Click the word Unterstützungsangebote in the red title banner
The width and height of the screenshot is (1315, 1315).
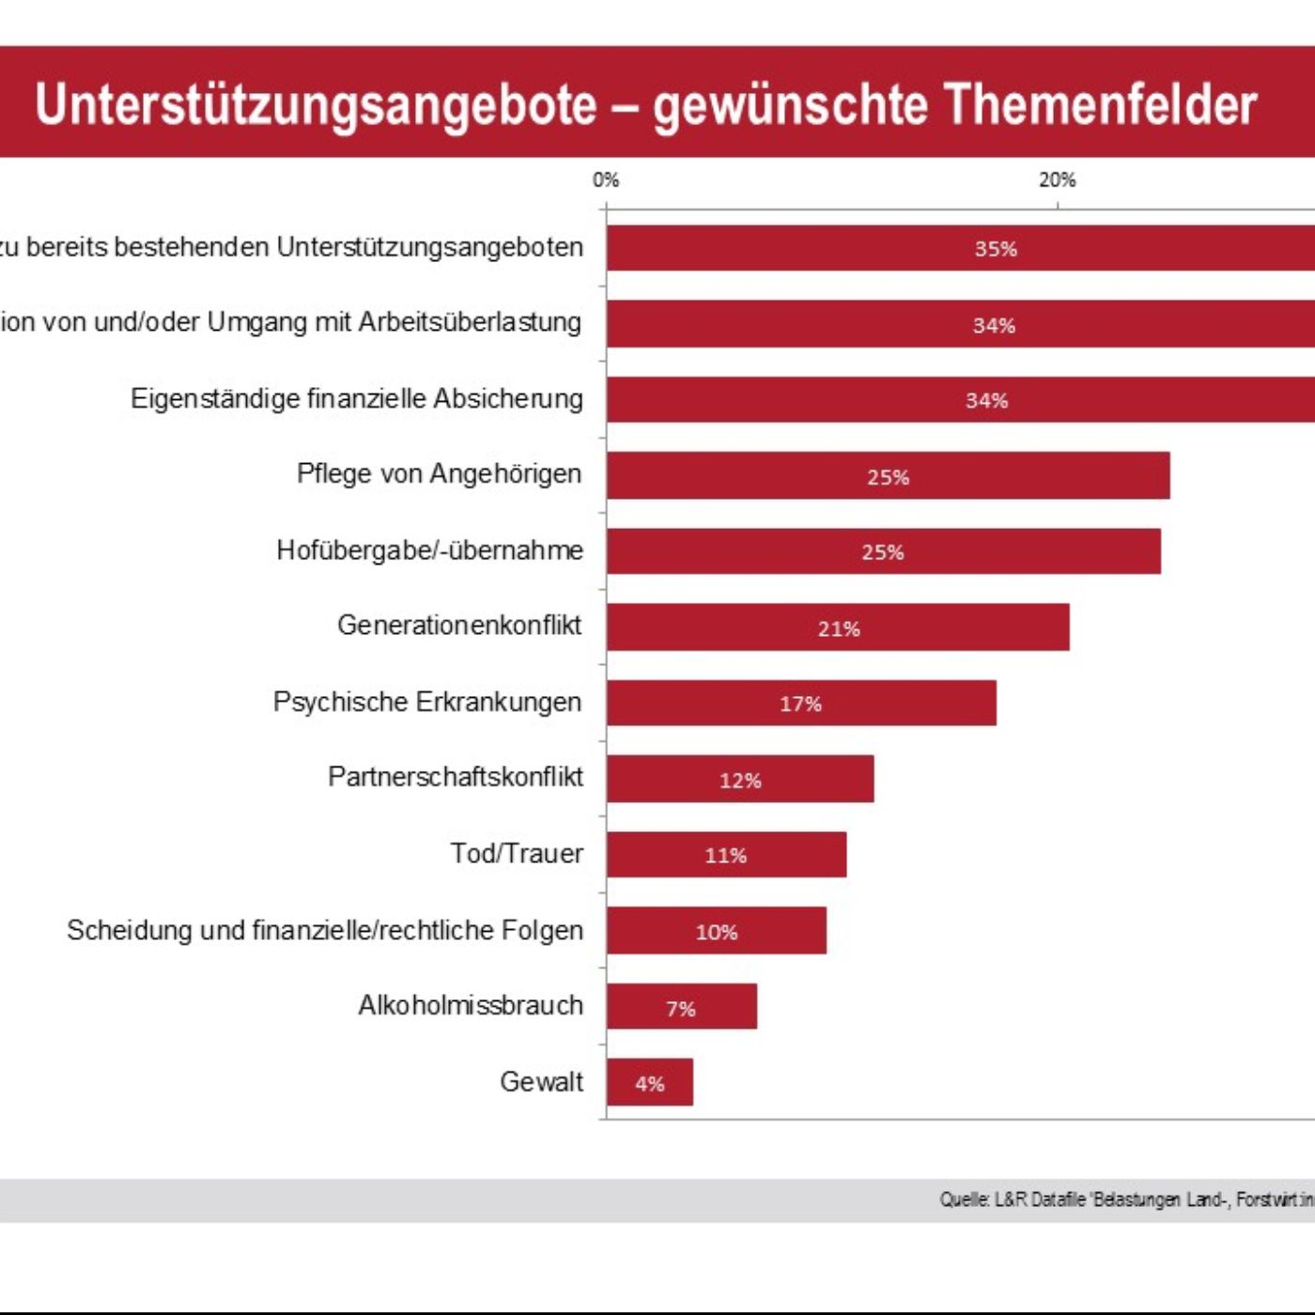[316, 103]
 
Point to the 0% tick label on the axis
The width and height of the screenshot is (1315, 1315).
[606, 179]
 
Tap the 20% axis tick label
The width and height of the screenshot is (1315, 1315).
[1057, 179]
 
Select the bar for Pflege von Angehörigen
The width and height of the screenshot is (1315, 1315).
[888, 475]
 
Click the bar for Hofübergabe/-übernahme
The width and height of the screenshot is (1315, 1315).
[883, 551]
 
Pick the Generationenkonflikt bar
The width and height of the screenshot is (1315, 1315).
[838, 627]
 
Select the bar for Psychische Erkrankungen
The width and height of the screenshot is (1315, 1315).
[801, 703]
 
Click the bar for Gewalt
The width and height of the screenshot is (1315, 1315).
[649, 1082]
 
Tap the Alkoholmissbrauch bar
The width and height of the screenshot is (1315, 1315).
[681, 1007]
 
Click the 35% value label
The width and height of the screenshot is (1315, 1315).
[996, 249]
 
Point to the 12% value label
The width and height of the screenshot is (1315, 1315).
[740, 781]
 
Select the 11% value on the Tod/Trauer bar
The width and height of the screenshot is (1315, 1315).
[726, 856]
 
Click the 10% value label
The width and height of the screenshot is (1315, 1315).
[717, 933]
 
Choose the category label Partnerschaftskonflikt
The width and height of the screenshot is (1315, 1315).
[456, 777]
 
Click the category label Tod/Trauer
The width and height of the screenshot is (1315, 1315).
[517, 853]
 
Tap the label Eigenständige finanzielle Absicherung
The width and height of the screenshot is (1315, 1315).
[356, 398]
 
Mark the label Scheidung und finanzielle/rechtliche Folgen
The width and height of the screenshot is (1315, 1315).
[325, 930]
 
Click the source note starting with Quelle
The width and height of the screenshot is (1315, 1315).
[1127, 1199]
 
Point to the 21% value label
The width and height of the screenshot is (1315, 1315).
[839, 629]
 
